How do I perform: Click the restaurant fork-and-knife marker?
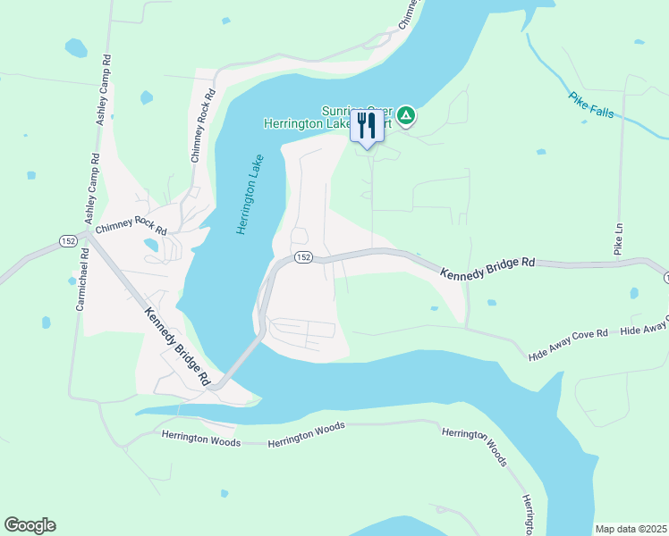click(366, 125)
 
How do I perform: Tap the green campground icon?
click(406, 114)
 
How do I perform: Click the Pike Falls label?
click(591, 110)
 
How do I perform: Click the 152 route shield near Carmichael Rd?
click(69, 241)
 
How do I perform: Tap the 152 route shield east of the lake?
click(303, 257)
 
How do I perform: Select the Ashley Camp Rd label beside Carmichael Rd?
click(92, 188)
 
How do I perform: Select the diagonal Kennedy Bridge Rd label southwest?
click(177, 342)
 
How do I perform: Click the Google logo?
click(30, 525)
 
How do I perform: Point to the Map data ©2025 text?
click(631, 529)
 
